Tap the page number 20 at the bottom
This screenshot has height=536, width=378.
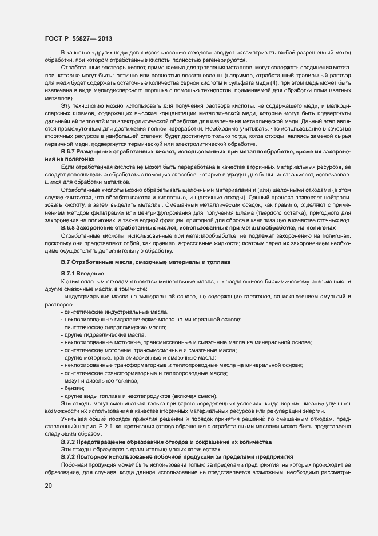(x=49, y=486)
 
